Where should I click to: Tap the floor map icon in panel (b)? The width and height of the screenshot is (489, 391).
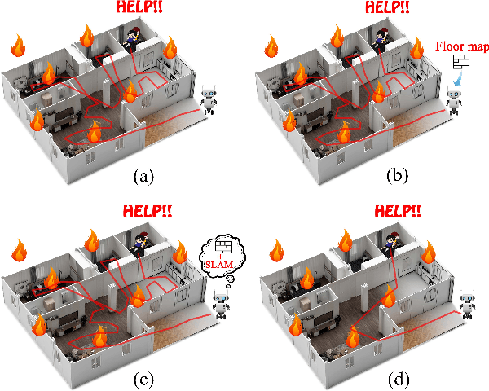point(461,63)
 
